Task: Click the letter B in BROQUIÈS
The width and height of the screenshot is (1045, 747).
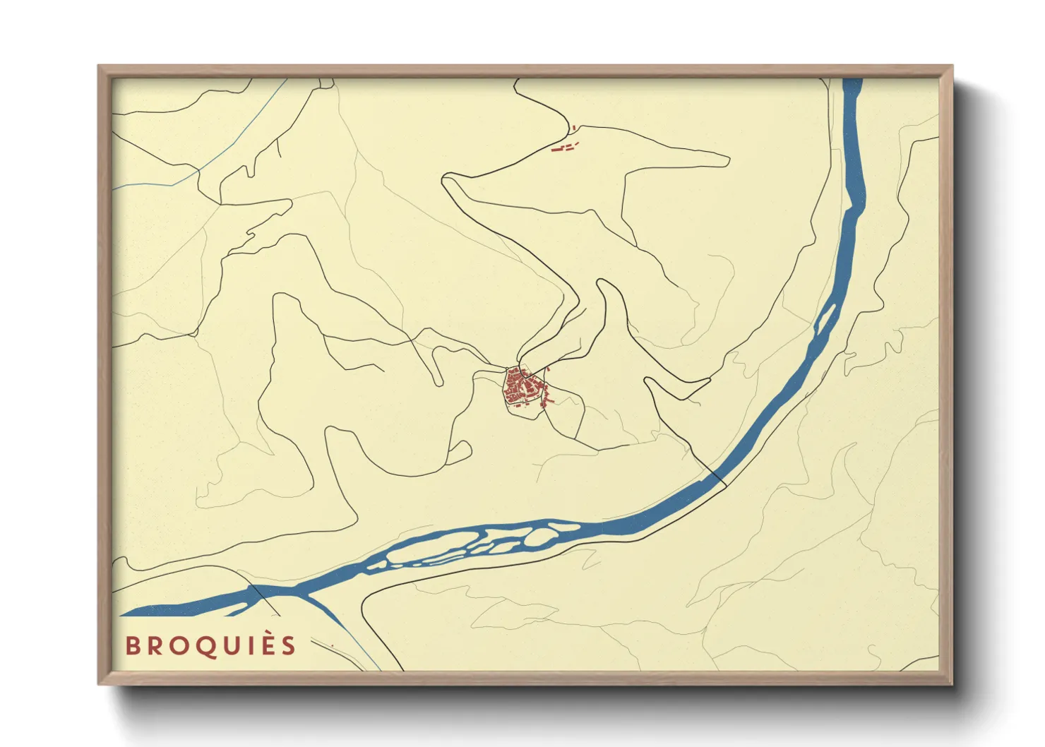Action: (x=133, y=646)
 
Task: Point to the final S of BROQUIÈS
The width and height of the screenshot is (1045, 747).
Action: (x=288, y=646)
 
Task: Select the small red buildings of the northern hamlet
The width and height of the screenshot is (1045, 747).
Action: (x=566, y=147)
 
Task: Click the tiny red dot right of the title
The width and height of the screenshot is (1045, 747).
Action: (x=332, y=645)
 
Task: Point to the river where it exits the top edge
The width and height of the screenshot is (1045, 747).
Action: (x=852, y=80)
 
